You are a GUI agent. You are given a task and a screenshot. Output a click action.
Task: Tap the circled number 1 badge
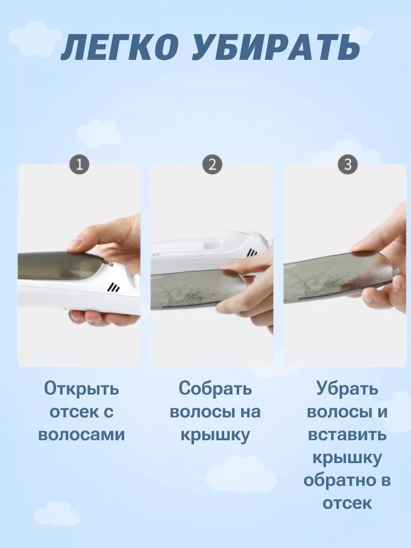click(79, 165)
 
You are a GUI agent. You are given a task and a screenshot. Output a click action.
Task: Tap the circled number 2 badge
click(212, 165)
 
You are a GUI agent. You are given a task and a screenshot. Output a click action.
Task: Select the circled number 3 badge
click(348, 165)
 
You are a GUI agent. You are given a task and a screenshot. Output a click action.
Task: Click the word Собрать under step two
click(215, 388)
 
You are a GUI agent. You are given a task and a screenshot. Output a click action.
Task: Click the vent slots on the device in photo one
click(114, 288)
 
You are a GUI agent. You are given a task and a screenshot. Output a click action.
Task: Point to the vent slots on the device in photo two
click(252, 253)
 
